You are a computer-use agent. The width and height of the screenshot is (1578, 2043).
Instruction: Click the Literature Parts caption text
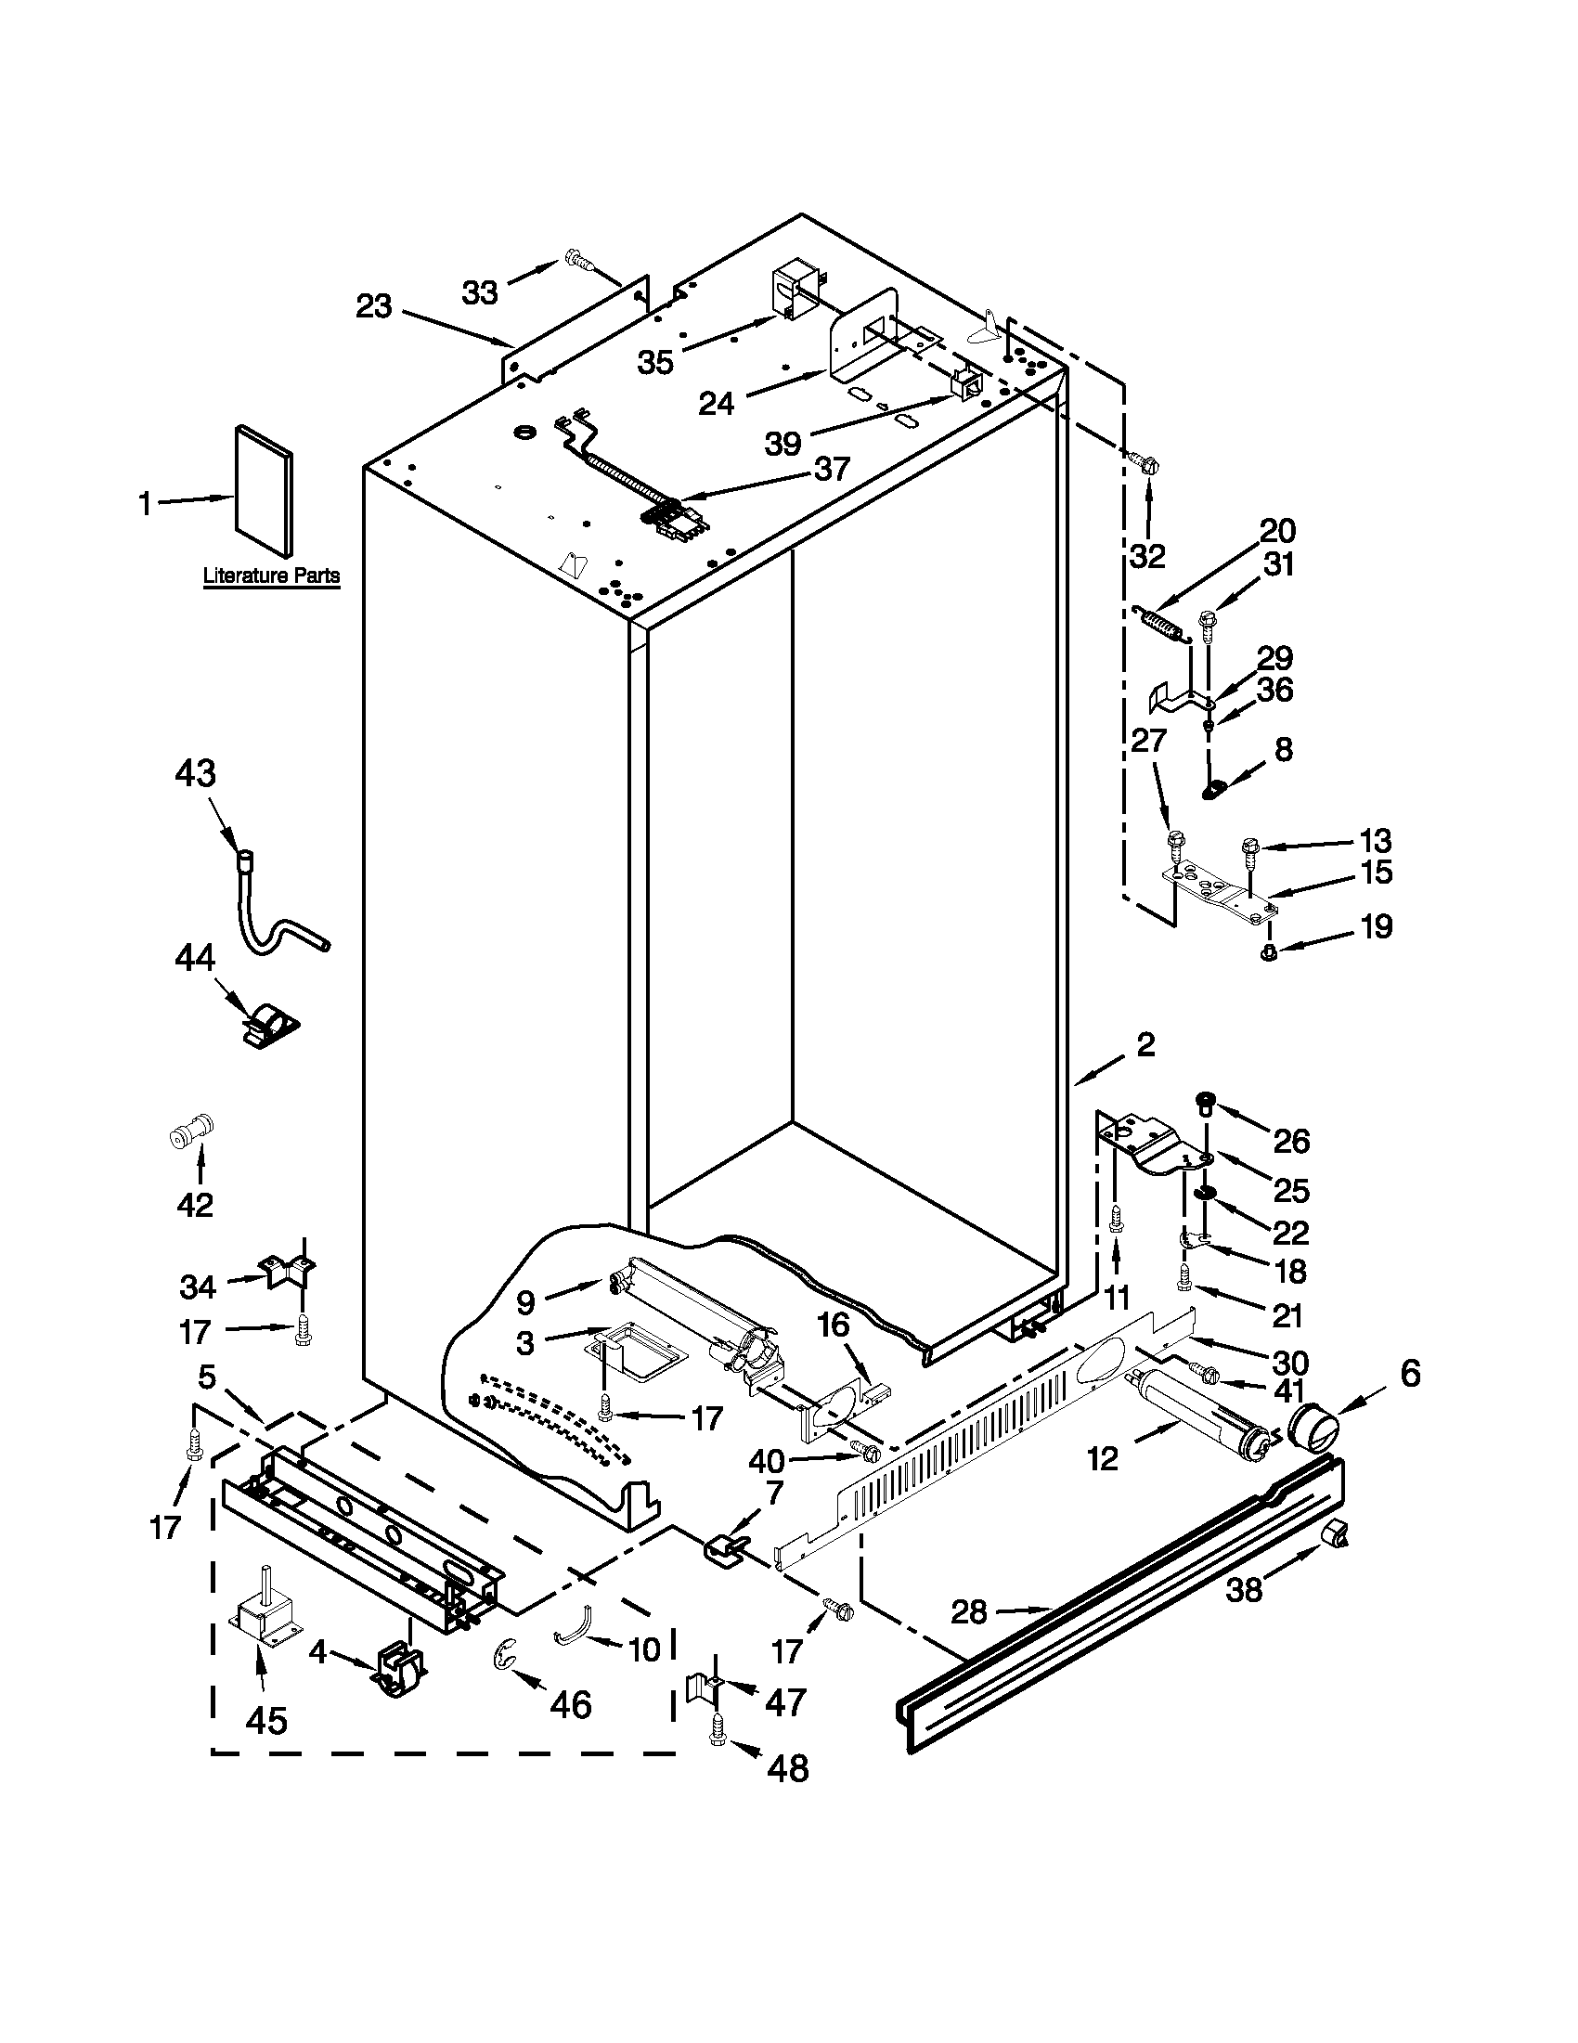271,576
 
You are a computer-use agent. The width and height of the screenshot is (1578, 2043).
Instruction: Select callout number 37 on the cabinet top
832,468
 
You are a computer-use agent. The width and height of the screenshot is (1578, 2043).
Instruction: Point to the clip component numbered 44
268,1026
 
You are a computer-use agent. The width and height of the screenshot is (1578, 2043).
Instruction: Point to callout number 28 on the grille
970,1610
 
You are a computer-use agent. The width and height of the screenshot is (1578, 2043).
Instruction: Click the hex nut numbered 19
1269,952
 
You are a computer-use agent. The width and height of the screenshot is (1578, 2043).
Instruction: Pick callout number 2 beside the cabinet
1145,1045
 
